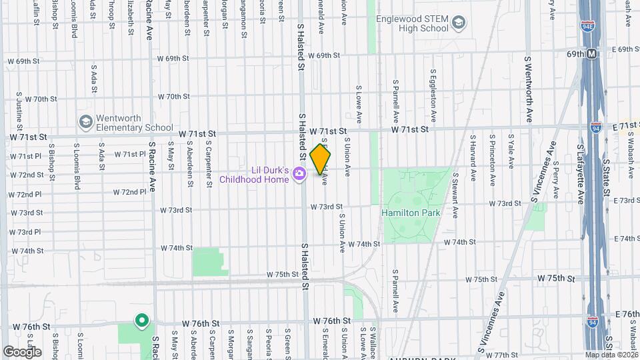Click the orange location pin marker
tap(320, 159)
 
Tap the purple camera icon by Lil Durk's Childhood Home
tap(299, 174)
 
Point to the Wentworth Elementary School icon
tap(85, 122)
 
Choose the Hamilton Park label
tap(411, 213)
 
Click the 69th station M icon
tap(591, 53)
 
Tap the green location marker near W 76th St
tap(141, 321)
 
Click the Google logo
tap(21, 352)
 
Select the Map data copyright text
tap(611, 355)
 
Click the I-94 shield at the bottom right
tap(593, 321)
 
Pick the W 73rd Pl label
tap(25, 232)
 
